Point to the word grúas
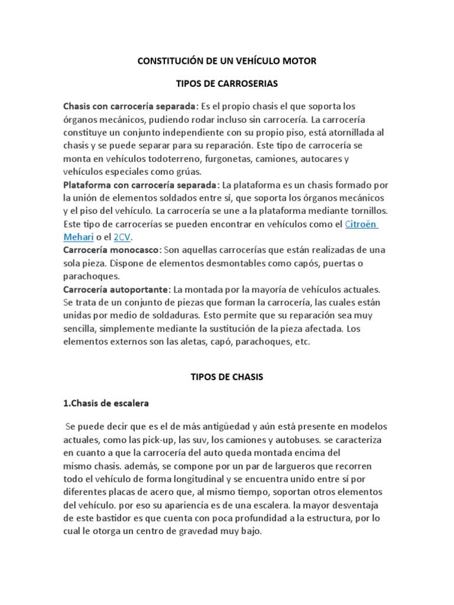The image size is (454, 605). tap(184, 172)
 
